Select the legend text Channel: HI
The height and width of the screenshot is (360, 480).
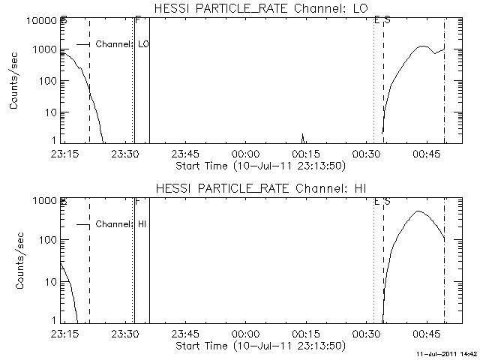point(124,224)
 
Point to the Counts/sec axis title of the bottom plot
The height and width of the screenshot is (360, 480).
point(14,262)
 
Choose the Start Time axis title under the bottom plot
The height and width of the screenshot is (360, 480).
point(259,346)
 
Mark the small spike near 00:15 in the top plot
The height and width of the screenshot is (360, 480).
point(303,136)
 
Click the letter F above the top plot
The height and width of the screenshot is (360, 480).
point(136,20)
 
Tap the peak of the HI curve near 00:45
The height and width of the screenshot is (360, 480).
point(418,211)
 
